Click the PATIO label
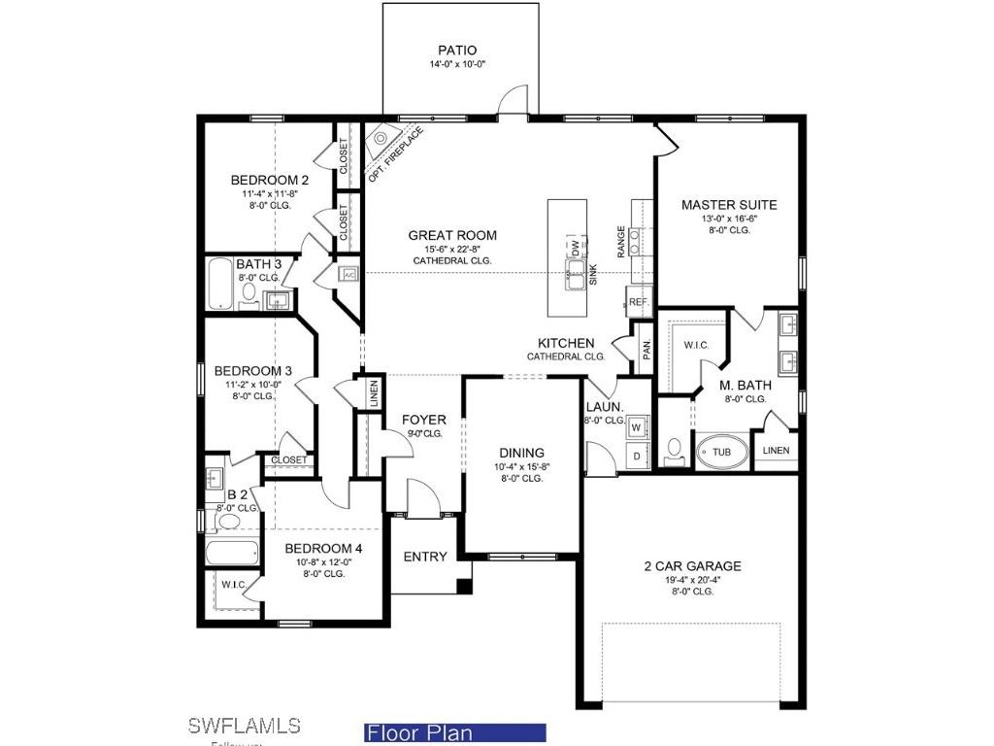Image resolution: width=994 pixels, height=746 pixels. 457,51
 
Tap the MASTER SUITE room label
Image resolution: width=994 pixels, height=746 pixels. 728,205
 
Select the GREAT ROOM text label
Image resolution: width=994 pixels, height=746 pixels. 452,235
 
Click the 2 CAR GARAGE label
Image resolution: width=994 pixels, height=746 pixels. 692,566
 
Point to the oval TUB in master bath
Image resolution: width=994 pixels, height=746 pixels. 721,453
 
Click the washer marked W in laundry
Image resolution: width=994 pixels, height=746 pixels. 638,426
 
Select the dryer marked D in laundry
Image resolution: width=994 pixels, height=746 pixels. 638,456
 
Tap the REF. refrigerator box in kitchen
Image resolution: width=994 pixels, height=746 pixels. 638,303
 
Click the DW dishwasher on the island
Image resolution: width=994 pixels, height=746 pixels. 575,246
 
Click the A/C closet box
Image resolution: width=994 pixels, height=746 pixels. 348,275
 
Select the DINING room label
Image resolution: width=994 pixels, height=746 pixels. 521,453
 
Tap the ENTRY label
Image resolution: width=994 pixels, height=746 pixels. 425,557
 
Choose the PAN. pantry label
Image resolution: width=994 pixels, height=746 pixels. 647,346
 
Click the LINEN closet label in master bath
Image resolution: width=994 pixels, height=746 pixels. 777,451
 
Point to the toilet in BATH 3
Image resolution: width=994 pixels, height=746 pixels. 248,292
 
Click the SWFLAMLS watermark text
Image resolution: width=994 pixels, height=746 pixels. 244,726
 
